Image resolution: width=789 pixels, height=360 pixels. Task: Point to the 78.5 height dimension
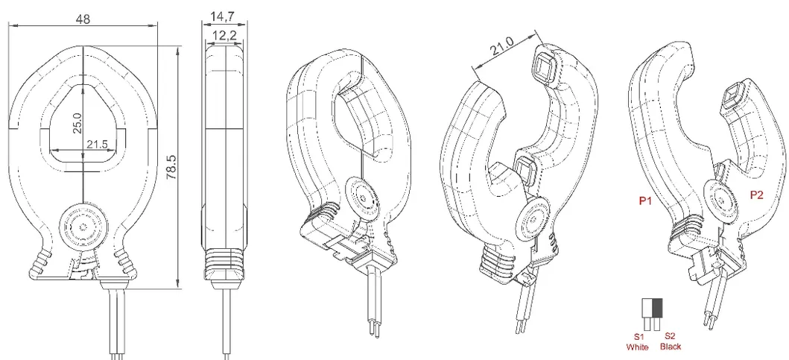pos(171,168)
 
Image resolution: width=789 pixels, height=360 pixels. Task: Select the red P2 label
pos(757,196)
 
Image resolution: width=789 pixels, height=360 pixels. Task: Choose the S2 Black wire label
pos(671,341)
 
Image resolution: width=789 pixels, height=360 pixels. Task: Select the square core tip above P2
pos(733,97)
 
